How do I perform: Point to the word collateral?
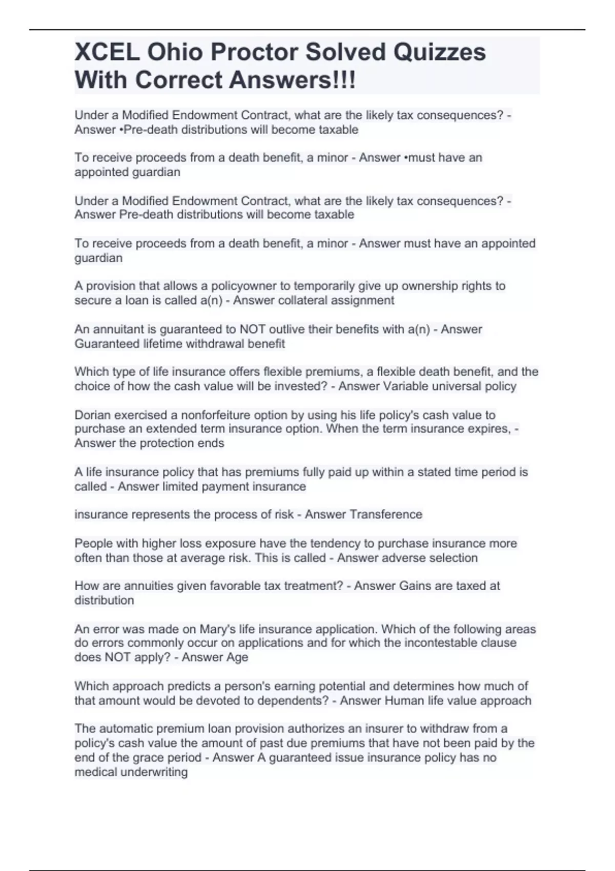click(x=302, y=300)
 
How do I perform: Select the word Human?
click(x=404, y=700)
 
